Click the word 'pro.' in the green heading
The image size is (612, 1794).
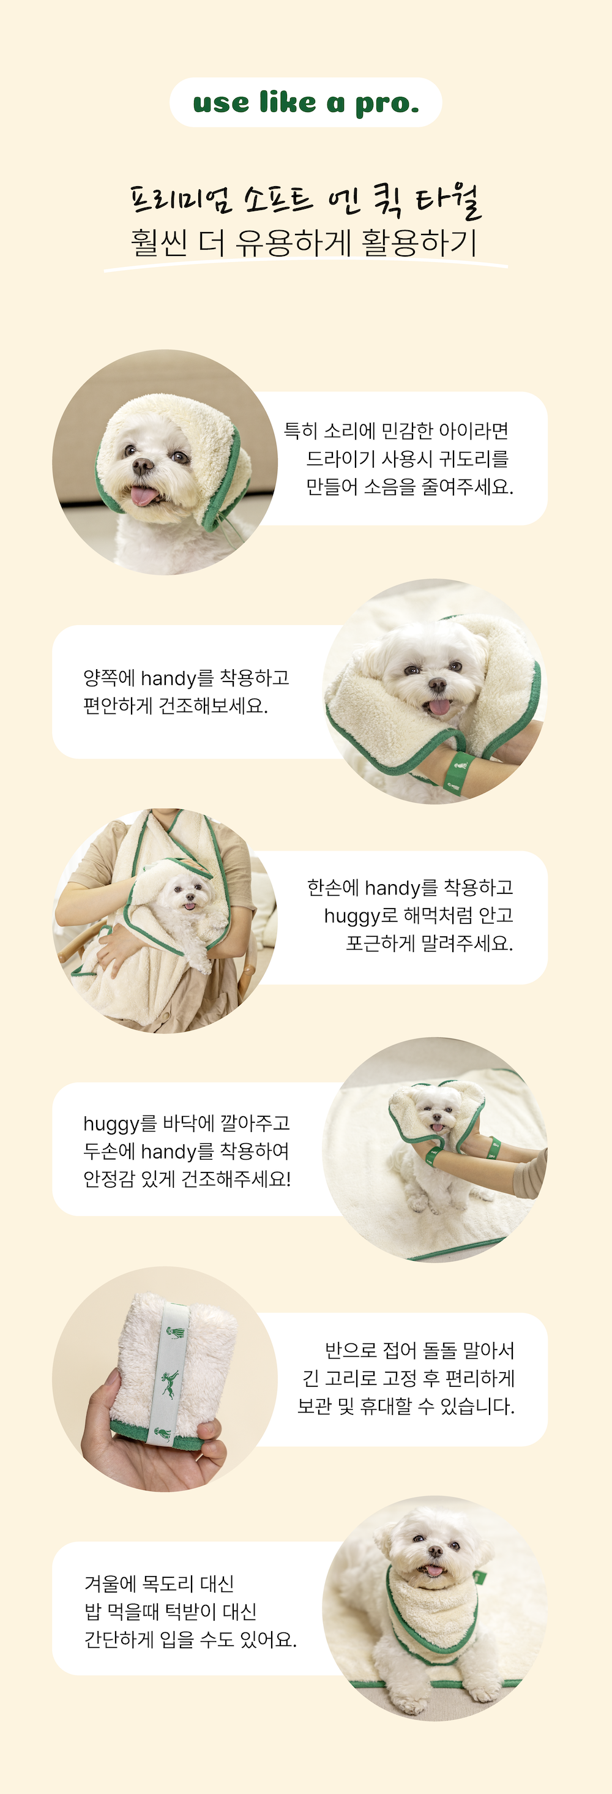[388, 103]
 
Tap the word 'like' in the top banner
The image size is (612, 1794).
[287, 102]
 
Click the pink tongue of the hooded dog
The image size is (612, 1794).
[143, 496]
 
